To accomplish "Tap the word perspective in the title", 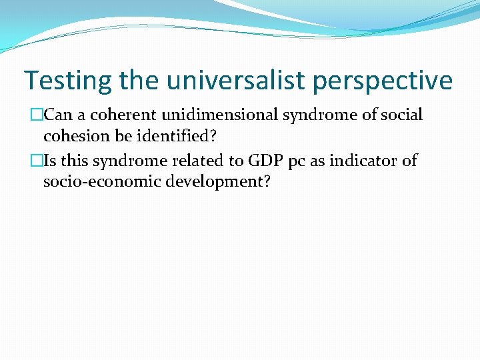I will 389,81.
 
